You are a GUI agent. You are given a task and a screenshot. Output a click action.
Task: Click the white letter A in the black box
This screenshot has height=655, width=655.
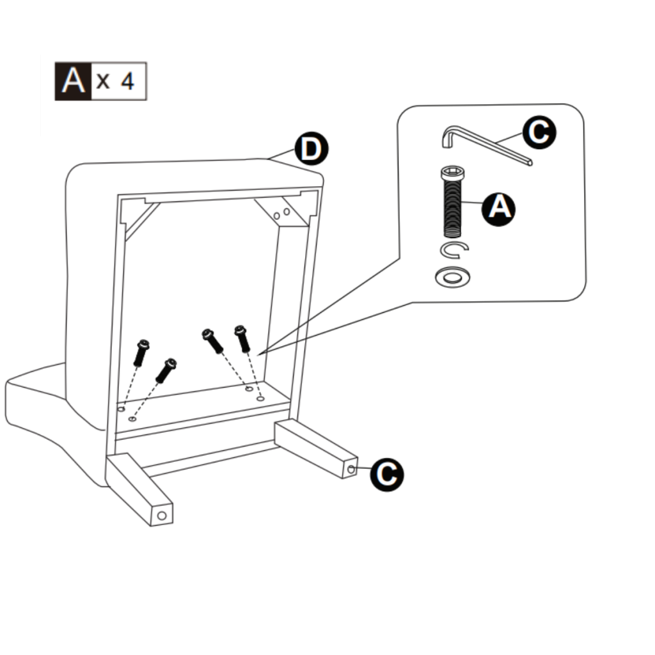coord(74,81)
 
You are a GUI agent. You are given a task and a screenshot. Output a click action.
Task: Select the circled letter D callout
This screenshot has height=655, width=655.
coord(311,150)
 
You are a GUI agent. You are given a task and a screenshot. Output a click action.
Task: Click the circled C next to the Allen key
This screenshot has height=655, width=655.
coord(539,132)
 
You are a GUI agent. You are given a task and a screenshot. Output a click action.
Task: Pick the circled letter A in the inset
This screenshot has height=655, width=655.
coord(500,208)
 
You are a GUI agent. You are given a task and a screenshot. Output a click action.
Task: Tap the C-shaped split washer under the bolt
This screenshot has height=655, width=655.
coord(455,250)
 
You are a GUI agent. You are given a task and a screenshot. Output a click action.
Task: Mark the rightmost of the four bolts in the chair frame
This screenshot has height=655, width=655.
coord(242,338)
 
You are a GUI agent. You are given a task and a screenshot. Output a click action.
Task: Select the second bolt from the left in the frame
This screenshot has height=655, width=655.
coord(166,371)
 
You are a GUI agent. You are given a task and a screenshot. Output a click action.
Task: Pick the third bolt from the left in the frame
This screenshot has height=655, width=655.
coord(212,341)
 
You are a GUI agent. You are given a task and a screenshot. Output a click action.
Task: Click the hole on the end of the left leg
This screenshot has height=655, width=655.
coord(162,515)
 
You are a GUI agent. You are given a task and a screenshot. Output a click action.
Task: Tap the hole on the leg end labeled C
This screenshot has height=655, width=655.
coord(352,470)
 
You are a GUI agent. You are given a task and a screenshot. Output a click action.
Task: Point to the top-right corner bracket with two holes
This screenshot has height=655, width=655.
coord(282,213)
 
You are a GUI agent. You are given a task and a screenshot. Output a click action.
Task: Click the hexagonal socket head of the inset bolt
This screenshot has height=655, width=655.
coord(453,173)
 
